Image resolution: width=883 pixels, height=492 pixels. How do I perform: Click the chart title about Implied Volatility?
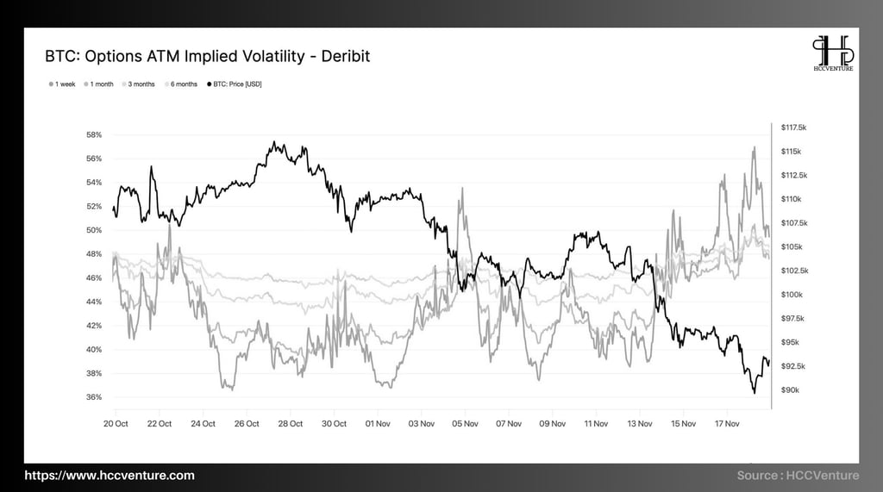207,57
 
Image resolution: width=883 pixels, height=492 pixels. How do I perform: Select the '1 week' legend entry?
63,84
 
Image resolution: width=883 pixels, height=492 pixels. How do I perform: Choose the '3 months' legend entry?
141,84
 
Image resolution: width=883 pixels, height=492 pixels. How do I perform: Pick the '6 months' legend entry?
182,84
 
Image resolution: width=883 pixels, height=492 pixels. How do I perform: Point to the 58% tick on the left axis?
94,134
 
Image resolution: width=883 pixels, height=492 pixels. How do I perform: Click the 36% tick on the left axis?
94,397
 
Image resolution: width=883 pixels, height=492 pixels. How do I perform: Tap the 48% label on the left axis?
94,254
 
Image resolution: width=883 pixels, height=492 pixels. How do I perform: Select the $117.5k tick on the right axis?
793,128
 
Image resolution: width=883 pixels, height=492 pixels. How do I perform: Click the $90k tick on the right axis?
790,390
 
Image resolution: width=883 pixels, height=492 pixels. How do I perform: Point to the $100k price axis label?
792,295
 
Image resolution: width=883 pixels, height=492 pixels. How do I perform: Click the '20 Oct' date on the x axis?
116,424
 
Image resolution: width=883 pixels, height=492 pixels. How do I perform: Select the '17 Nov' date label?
726,424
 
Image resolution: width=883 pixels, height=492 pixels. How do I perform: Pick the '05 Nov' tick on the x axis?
465,424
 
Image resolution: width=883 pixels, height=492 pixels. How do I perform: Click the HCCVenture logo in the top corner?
832,53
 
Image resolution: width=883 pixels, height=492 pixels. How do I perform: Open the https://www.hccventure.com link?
109,476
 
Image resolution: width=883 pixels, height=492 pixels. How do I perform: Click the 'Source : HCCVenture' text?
798,476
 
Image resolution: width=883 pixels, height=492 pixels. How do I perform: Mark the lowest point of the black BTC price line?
754,393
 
